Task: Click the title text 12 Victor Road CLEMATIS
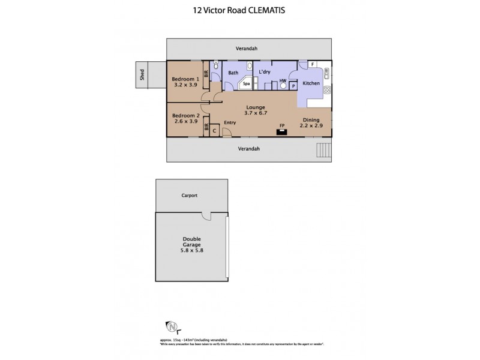click(x=240, y=9)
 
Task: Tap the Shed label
click(x=142, y=75)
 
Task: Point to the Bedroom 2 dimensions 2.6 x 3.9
click(x=185, y=121)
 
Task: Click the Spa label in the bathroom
click(x=246, y=84)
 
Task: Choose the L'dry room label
click(x=265, y=72)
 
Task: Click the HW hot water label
click(x=283, y=80)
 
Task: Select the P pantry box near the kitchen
click(x=293, y=86)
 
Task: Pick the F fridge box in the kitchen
click(x=313, y=64)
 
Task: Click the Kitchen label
click(x=311, y=83)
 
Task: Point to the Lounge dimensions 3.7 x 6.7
click(x=255, y=113)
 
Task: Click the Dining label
click(x=311, y=120)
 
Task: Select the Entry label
click(x=229, y=122)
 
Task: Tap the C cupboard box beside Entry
click(x=214, y=130)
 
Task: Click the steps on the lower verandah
click(x=323, y=150)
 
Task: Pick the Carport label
click(x=190, y=196)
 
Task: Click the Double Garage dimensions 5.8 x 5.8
click(x=191, y=250)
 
